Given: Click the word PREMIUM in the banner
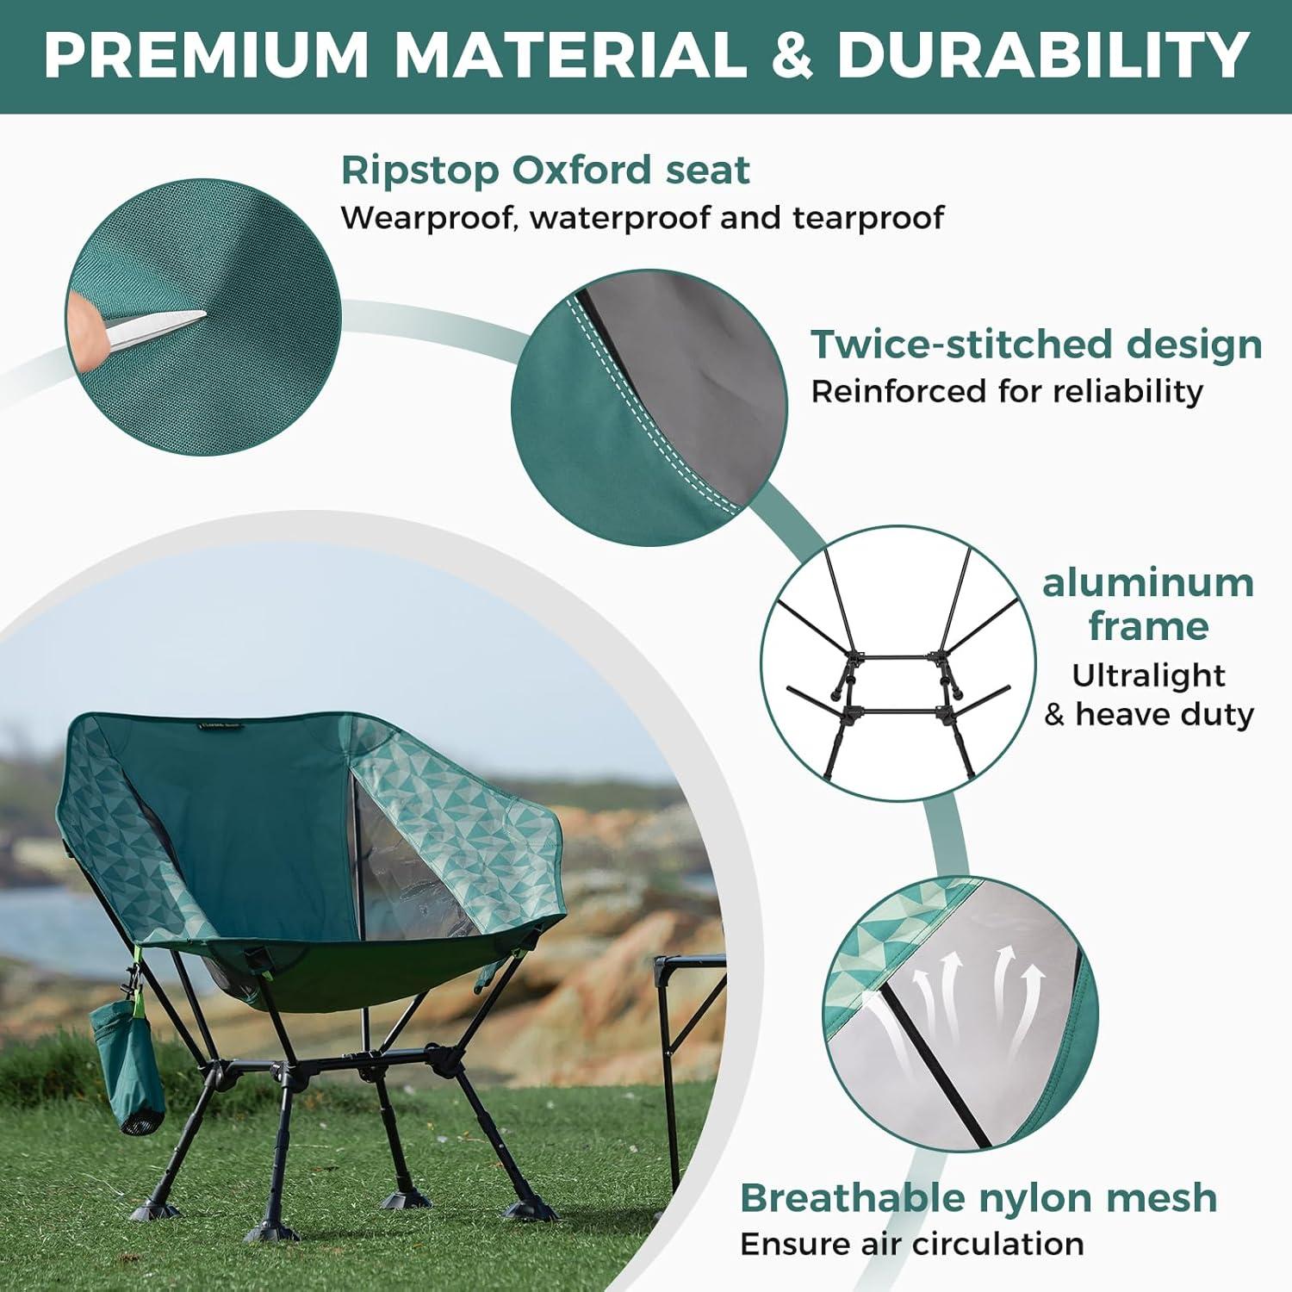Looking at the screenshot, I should (x=207, y=55).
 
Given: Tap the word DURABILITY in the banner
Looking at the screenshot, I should (x=1042, y=55).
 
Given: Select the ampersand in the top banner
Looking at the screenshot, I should (x=792, y=55).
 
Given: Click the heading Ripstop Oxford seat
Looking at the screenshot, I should (x=544, y=170).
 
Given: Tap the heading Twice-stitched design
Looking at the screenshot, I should (x=1036, y=344).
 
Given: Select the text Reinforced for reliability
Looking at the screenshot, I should (x=1006, y=391).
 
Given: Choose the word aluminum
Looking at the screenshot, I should (x=1147, y=583).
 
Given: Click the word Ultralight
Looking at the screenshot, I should (x=1147, y=675).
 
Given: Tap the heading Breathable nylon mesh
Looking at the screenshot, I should (x=978, y=1197).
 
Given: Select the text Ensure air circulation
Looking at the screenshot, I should (x=911, y=1244).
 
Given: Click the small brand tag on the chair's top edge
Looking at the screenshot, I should (x=219, y=725).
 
